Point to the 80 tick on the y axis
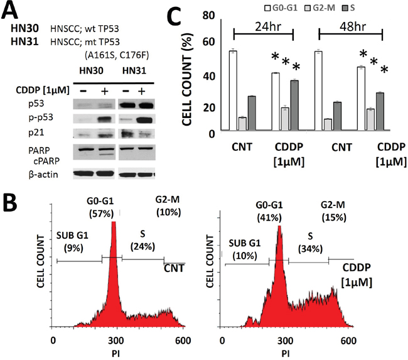point(213,13)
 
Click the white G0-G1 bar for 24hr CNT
point(233,92)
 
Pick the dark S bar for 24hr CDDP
point(294,106)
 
